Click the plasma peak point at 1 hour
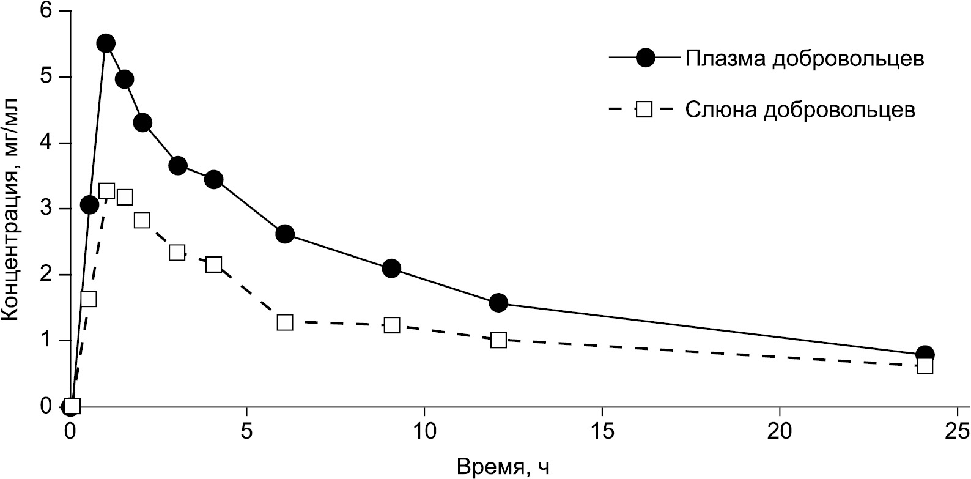point(106,43)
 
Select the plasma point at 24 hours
point(925,354)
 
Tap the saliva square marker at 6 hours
point(285,322)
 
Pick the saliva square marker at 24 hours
point(925,366)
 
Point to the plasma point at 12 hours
point(498,303)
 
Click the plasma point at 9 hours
point(391,268)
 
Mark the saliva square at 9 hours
point(392,325)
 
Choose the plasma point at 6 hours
point(285,234)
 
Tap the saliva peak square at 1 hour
point(106,191)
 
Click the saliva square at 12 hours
point(498,340)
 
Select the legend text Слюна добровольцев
point(800,110)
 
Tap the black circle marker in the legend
point(645,58)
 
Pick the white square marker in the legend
point(645,110)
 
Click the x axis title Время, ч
point(503,467)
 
